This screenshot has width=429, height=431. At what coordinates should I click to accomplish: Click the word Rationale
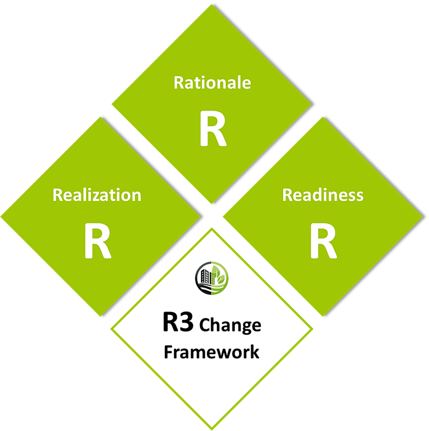(212, 83)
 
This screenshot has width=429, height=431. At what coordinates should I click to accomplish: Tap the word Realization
(97, 195)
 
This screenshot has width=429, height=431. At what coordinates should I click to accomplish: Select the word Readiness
(323, 195)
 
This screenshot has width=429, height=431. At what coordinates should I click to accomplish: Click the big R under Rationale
(213, 130)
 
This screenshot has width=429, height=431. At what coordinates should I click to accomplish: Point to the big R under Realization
(98, 241)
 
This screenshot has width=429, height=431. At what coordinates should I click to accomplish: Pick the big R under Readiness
(323, 241)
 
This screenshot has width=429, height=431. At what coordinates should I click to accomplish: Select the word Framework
(211, 352)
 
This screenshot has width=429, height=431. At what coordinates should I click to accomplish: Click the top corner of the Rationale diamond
(213, 4)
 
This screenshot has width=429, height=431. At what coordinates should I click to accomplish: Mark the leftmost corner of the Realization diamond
(2, 215)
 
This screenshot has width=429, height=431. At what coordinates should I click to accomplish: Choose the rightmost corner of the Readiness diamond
(427, 215)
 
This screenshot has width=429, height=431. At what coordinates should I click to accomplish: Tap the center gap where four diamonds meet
(212, 215)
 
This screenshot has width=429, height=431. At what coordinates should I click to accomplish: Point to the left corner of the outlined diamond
(112, 328)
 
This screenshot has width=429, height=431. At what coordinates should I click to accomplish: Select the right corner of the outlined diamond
(313, 328)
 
